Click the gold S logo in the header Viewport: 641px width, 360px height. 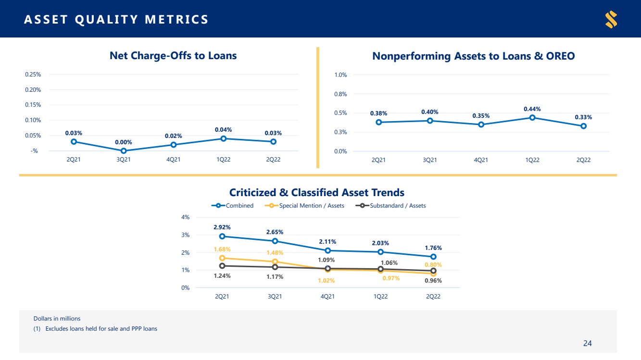coord(611,19)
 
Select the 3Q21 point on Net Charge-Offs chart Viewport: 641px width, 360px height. coord(124,151)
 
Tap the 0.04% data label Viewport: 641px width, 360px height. coord(223,129)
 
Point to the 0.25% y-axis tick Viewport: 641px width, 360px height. coord(33,74)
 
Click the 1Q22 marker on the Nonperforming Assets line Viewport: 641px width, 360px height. coord(532,118)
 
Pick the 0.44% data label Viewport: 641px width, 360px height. coord(532,109)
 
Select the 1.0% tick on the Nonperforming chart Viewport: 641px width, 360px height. coord(340,75)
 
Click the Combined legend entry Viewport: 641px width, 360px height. coord(232,206)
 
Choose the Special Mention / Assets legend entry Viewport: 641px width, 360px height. coord(304,206)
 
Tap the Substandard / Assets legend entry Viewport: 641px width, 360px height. coord(390,206)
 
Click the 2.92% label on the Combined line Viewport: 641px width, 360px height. coord(222,227)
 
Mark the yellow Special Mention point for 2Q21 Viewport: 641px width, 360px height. coord(222,258)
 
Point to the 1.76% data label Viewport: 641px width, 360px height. coord(433,248)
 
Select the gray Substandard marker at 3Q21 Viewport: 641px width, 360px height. coord(275,267)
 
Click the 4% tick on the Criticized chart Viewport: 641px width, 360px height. coord(186,217)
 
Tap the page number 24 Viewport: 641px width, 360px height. coord(588,343)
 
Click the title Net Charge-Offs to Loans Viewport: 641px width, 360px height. coord(173,55)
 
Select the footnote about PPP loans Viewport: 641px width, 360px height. coord(95,329)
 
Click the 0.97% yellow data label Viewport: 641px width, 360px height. coord(391,278)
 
